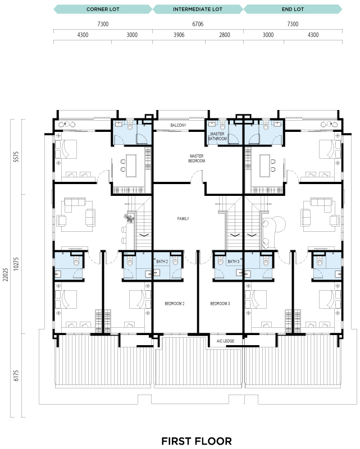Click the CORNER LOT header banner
[x=103, y=9]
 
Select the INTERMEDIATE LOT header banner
[x=198, y=9]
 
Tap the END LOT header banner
[x=293, y=9]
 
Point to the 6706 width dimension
[x=198, y=24]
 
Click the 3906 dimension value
[x=179, y=35]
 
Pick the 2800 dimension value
[x=225, y=35]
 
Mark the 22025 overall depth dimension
[x=6, y=274]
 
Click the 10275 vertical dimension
[x=16, y=264]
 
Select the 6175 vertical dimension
[x=16, y=375]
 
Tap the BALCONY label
[x=178, y=125]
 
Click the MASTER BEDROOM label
[x=197, y=158]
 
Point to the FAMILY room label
[x=183, y=219]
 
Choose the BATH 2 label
[x=162, y=262]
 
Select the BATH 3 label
[x=233, y=262]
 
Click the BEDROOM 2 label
[x=175, y=304]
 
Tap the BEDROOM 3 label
[x=220, y=304]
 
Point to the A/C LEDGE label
[x=225, y=341]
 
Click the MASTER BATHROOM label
[x=217, y=136]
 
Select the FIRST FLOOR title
[x=197, y=441]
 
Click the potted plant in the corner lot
[x=129, y=218]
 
